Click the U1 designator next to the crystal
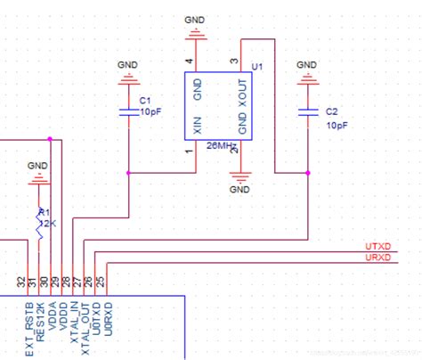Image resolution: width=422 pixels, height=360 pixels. (x=257, y=68)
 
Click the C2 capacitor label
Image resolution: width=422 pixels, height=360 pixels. (x=331, y=112)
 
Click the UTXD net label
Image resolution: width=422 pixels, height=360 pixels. (x=377, y=246)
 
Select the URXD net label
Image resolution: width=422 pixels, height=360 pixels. (x=377, y=258)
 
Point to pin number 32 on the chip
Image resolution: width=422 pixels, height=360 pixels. (x=21, y=282)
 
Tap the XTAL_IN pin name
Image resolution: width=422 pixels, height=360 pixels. (x=77, y=323)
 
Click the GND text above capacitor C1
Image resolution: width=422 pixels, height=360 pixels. (x=128, y=65)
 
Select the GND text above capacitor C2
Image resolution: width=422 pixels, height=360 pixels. (x=306, y=65)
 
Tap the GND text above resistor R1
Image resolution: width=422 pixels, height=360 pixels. (x=37, y=165)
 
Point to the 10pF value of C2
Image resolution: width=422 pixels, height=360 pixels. (x=337, y=126)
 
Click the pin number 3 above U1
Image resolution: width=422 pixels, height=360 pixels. (x=233, y=61)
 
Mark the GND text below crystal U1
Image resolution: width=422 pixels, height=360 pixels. (x=240, y=189)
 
